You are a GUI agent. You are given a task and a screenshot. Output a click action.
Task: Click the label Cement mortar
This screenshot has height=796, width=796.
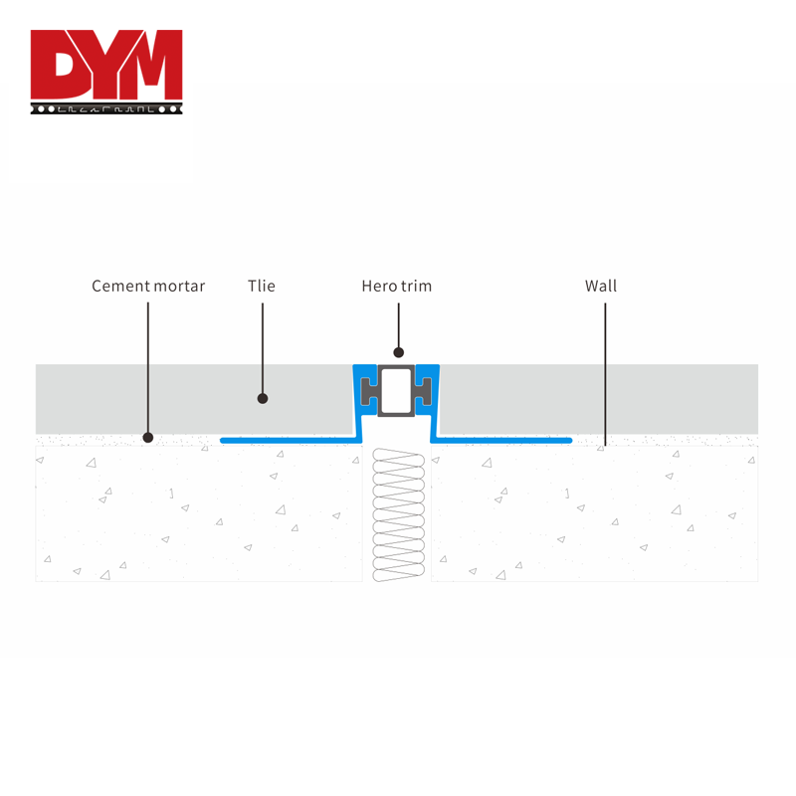[x=148, y=287]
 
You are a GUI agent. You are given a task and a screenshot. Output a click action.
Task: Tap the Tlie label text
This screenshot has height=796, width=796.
[x=262, y=287]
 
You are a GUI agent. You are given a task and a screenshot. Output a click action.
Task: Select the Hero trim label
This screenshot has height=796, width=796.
[x=396, y=287]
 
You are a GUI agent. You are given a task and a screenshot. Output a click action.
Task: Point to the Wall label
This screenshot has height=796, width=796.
[x=601, y=287]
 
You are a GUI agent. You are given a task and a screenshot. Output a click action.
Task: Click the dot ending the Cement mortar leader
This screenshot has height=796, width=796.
[x=148, y=437]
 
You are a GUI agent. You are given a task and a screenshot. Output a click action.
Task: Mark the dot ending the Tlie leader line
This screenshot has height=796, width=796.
[x=263, y=399]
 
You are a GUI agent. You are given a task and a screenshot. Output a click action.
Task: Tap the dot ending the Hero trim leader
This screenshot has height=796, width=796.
[x=398, y=351]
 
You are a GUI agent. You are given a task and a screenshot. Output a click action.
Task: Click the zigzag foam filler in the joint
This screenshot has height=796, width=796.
[x=398, y=515]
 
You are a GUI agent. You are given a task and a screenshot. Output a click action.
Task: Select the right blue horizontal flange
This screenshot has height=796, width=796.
[x=502, y=439]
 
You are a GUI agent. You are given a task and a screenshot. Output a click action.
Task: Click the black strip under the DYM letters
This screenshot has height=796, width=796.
[x=106, y=107]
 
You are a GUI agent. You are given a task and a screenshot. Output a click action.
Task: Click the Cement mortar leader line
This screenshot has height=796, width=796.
[x=148, y=368]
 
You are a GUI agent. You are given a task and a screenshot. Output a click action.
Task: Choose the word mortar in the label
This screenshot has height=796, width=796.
[x=179, y=287]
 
